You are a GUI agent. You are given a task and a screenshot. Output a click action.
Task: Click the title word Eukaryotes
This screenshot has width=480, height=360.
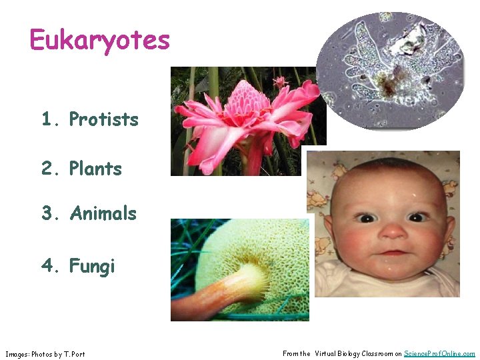(100, 41)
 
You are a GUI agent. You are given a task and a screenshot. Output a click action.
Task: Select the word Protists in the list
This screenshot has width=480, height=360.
(104, 120)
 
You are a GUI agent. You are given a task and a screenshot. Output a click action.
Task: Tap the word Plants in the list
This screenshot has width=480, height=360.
(96, 169)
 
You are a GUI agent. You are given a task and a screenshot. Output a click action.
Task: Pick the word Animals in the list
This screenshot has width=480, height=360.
(103, 214)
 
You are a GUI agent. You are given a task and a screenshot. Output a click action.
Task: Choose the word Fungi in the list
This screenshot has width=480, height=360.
(93, 267)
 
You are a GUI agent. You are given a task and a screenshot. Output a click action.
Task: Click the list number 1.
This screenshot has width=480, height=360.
(47, 120)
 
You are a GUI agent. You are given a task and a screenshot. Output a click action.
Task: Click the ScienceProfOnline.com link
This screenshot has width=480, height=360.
(439, 354)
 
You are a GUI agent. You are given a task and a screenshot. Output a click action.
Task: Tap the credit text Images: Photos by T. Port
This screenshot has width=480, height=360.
(45, 354)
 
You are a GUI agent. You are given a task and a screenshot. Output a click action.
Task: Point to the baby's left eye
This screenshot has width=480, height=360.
(418, 217)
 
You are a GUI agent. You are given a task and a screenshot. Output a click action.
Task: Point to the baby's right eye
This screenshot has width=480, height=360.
(367, 218)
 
